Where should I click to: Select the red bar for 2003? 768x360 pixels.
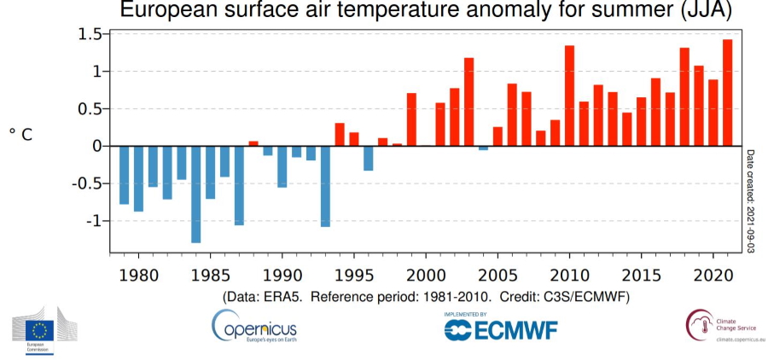468,102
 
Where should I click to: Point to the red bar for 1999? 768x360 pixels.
411,119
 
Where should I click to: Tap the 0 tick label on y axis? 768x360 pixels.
96,146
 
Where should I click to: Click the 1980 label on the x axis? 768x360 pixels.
139,276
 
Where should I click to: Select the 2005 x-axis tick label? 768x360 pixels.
497,276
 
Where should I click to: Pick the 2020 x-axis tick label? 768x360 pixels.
713,276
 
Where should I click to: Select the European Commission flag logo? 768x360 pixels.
38,328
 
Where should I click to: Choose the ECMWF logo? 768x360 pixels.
491,328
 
